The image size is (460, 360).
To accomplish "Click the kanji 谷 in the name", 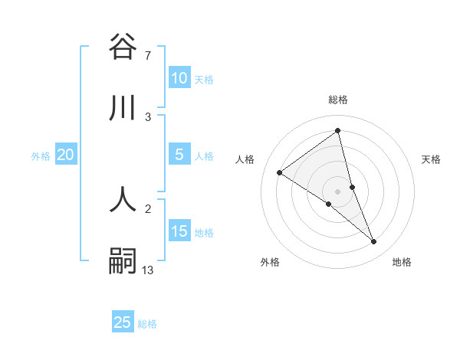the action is [x=123, y=47].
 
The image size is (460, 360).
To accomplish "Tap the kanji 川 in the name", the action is [x=123, y=109].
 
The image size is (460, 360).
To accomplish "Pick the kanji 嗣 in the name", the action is [x=123, y=261].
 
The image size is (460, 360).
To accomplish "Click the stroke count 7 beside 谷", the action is [x=147, y=55].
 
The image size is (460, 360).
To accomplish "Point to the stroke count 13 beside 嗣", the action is [x=148, y=270].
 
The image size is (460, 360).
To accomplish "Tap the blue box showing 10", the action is [x=179, y=78].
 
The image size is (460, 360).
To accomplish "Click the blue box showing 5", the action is [x=179, y=155].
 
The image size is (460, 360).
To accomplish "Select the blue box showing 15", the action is [x=179, y=231].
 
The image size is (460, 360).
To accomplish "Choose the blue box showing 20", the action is [x=66, y=155].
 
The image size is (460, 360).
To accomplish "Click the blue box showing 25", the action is [x=123, y=322].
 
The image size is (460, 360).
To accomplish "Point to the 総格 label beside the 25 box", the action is [x=147, y=324].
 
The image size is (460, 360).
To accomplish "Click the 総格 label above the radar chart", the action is [x=338, y=100].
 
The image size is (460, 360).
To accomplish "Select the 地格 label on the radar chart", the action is [x=402, y=263].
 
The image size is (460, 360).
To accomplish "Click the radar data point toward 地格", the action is [x=374, y=242].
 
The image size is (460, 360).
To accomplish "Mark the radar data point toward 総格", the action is [x=338, y=131].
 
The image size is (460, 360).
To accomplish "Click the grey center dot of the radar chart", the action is [x=338, y=191].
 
